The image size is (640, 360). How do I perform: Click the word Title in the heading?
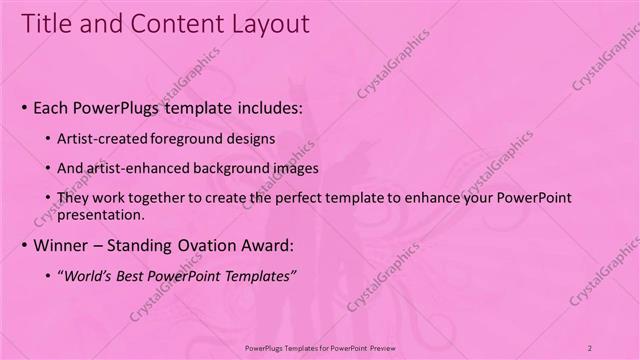coord(46,23)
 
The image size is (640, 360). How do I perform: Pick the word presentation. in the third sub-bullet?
coord(103,214)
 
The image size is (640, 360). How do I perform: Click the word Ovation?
coord(215,246)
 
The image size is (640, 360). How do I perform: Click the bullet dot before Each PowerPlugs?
coord(24,106)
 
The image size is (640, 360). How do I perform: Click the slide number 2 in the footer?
coord(590,347)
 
